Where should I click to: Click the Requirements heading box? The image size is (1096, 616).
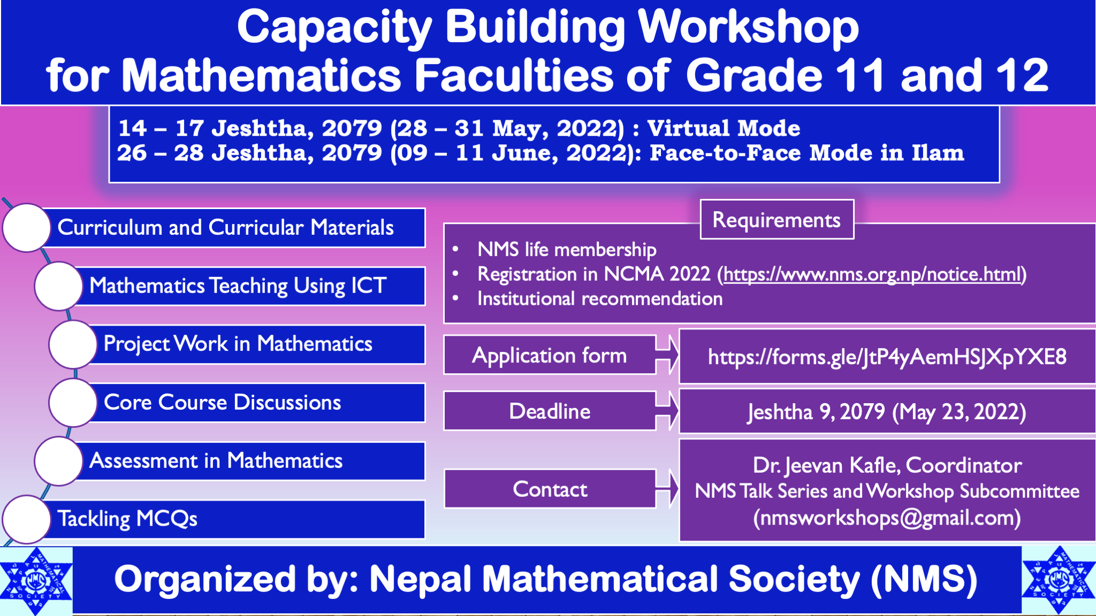777,220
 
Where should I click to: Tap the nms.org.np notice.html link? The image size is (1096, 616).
873,274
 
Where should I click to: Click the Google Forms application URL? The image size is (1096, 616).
887,357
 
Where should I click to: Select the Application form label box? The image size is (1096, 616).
550,356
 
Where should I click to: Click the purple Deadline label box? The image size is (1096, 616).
550,411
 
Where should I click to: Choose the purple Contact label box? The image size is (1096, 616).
550,489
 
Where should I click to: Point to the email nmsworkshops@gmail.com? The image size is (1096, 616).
887,518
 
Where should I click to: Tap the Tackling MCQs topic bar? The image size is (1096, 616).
235,519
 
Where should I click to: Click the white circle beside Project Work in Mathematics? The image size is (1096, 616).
73,344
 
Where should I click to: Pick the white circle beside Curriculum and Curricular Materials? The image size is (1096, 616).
26,227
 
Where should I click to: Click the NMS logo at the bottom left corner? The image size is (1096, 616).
36,581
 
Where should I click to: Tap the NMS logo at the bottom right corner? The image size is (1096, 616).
1058,580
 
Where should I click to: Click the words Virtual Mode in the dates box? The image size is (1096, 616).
724,128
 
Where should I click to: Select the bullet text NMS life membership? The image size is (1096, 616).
567,250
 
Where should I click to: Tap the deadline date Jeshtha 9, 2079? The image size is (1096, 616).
816,412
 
